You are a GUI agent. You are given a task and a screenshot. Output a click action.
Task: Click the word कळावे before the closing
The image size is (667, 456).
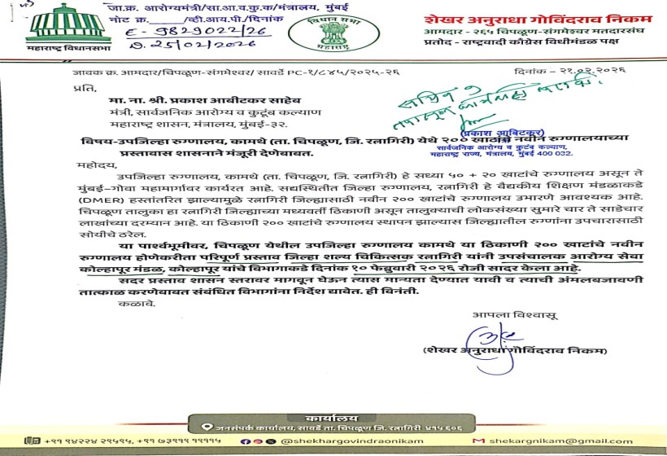(139, 303)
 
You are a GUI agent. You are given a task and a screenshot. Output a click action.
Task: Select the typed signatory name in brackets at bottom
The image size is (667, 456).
(516, 350)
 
